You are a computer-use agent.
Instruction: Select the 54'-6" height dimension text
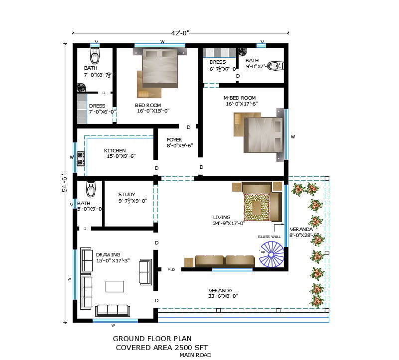pos(64,183)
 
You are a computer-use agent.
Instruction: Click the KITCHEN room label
pos(115,150)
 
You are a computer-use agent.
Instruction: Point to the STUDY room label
pos(127,195)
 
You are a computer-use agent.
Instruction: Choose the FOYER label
pos(174,140)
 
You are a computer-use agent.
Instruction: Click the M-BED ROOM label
pos(240,98)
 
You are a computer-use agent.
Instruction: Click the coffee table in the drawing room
pos(115,286)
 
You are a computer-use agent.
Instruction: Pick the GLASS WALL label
pos(269,237)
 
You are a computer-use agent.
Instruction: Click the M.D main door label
pos(171,269)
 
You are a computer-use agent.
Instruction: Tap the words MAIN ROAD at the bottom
pos(195,355)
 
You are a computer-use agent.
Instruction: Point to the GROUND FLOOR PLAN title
pos(152,339)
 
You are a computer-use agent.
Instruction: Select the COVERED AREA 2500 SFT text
pos(161,347)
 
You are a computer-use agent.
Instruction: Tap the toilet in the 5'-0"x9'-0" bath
pos(90,189)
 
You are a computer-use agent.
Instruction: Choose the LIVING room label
pos(222,217)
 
